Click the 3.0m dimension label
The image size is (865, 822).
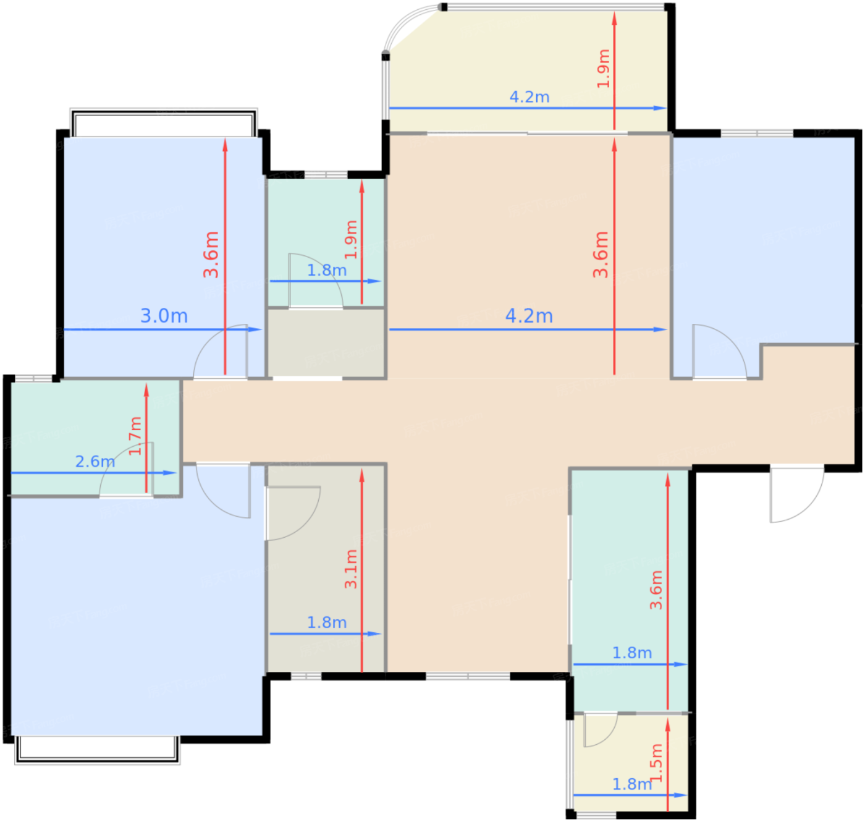[164, 316]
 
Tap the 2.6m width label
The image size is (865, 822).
[95, 462]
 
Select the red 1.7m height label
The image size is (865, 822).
[135, 436]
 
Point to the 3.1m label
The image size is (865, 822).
[351, 569]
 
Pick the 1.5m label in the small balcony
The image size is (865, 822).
[656, 763]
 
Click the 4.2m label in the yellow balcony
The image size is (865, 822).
[530, 97]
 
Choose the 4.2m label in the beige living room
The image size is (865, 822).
[529, 316]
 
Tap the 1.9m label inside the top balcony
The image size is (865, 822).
[603, 69]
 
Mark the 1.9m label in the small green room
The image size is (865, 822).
[351, 240]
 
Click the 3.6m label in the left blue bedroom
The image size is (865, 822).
[211, 255]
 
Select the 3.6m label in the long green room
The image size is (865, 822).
[656, 590]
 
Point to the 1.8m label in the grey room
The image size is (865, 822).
[326, 622]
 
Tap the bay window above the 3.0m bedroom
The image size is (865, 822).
[164, 122]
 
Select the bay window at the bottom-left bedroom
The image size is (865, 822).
[97, 750]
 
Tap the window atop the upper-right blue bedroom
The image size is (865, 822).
[757, 133]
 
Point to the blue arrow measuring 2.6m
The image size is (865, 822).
[94, 473]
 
